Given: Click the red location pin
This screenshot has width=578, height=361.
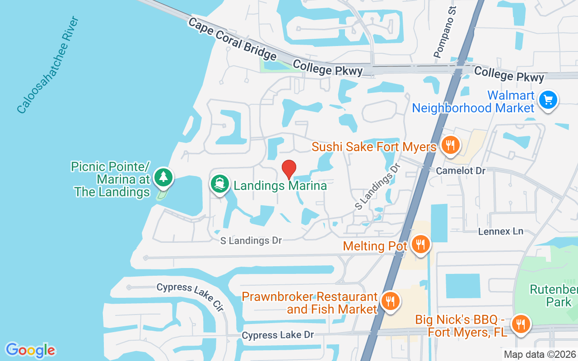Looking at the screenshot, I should (x=289, y=170).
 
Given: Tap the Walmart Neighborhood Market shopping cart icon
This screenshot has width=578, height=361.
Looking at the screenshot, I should (x=548, y=100).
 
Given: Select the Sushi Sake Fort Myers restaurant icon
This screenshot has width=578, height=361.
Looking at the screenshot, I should (x=450, y=145).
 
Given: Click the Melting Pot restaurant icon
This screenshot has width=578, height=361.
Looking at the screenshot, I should (x=421, y=245).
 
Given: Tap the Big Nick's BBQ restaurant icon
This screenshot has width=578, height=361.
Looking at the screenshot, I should (x=521, y=324).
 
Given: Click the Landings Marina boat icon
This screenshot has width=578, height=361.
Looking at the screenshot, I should (x=219, y=184).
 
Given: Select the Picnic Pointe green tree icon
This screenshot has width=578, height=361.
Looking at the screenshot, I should (x=163, y=177).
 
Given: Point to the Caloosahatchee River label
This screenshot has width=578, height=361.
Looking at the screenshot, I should (x=48, y=65).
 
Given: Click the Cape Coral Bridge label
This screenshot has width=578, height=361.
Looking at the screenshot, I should (x=232, y=39).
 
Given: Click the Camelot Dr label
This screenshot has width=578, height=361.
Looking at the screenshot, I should (x=461, y=171).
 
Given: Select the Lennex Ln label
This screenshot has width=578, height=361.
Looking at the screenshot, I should (x=501, y=231).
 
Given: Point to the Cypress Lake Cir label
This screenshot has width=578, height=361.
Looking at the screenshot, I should (x=191, y=296).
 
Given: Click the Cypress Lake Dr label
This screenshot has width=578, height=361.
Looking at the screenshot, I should (x=277, y=335).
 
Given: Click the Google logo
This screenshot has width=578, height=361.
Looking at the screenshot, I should (x=31, y=350).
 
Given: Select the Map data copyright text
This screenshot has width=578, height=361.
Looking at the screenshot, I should (x=540, y=354).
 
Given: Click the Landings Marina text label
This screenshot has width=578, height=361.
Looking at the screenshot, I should (x=280, y=185).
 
